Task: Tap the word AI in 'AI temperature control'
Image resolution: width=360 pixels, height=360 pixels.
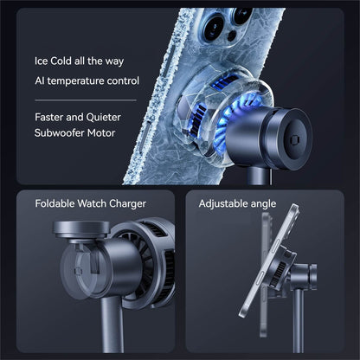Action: (40, 80)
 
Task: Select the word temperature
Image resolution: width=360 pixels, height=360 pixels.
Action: (83, 80)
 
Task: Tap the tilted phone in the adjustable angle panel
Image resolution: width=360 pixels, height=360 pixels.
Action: (268, 268)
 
